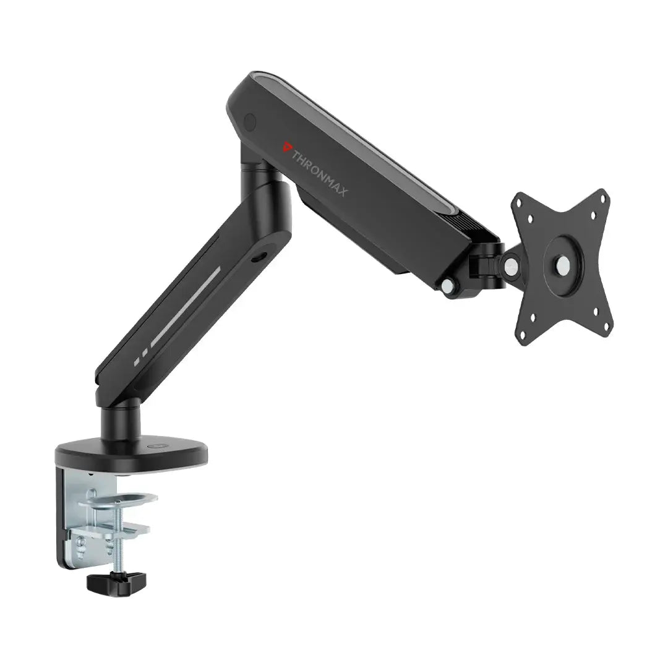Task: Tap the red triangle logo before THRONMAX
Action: point(285,147)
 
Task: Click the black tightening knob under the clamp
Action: point(116,581)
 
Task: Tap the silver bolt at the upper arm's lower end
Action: point(448,285)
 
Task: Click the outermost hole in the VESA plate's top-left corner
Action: point(520,204)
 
